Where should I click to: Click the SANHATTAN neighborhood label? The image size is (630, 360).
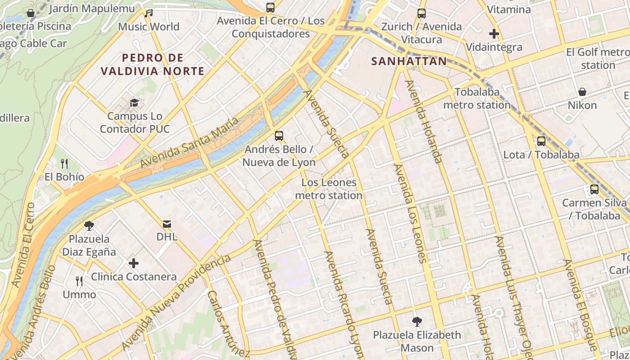409,61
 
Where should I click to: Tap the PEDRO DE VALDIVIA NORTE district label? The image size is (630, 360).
153,64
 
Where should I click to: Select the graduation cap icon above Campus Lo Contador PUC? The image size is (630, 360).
134,103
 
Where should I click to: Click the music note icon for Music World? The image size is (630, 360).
148,13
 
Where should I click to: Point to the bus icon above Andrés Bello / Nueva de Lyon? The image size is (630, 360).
279,135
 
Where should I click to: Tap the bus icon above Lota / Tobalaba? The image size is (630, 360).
541,141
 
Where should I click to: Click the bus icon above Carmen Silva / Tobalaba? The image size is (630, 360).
594,189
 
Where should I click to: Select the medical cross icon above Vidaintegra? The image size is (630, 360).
494,33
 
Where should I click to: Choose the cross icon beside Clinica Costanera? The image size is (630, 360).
134,263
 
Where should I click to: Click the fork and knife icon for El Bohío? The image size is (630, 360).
64,163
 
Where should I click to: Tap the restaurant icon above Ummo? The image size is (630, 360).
79,281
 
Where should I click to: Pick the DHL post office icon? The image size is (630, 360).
166,224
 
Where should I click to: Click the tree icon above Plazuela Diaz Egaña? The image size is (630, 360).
89,225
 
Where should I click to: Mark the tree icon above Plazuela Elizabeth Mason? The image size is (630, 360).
417,321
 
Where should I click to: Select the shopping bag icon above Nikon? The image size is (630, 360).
582,92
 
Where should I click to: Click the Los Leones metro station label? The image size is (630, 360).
329,189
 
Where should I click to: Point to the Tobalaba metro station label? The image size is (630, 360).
477,99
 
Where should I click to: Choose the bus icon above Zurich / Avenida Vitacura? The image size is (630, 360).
421,13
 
